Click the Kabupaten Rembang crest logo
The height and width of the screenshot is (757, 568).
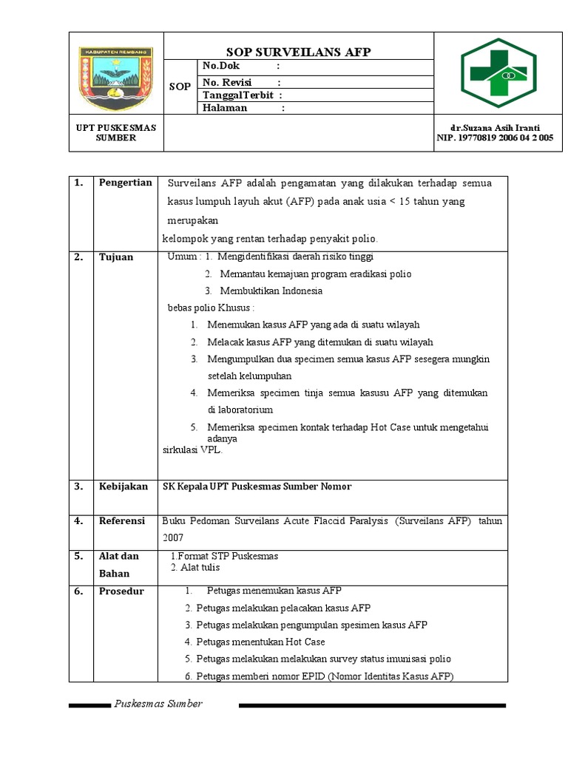click(x=115, y=74)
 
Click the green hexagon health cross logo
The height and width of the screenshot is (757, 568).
click(x=498, y=74)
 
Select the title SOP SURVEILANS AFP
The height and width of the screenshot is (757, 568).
click(x=298, y=52)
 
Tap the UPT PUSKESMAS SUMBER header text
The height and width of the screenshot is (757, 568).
click(x=116, y=132)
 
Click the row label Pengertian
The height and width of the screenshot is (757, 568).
click(x=125, y=183)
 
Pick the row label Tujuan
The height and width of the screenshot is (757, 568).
click(x=116, y=257)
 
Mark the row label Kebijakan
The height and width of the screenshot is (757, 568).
click(x=122, y=486)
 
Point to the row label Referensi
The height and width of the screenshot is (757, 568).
click(x=122, y=520)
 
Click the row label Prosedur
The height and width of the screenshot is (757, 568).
click(x=121, y=591)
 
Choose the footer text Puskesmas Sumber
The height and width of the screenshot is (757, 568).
click(x=158, y=704)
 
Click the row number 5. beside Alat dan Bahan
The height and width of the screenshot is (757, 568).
click(x=78, y=556)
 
